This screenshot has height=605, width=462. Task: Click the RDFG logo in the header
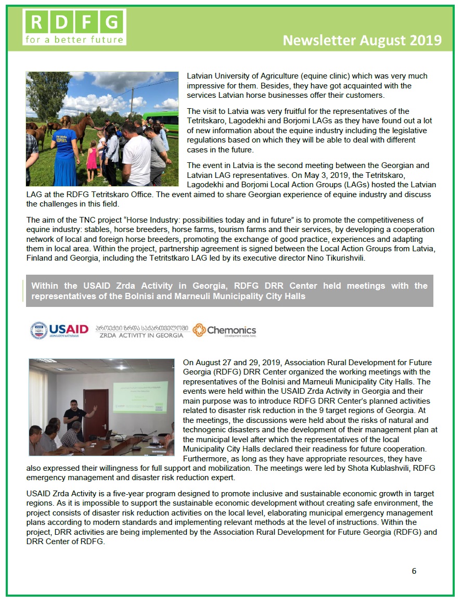74,27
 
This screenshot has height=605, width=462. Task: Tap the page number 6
414,571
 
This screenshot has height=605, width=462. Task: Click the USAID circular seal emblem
38,330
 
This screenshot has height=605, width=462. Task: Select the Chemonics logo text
231,330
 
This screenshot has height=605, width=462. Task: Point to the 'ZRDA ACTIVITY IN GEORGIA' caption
141,336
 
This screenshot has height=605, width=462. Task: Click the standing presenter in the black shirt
74,419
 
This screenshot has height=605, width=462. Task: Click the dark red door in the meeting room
96,413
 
